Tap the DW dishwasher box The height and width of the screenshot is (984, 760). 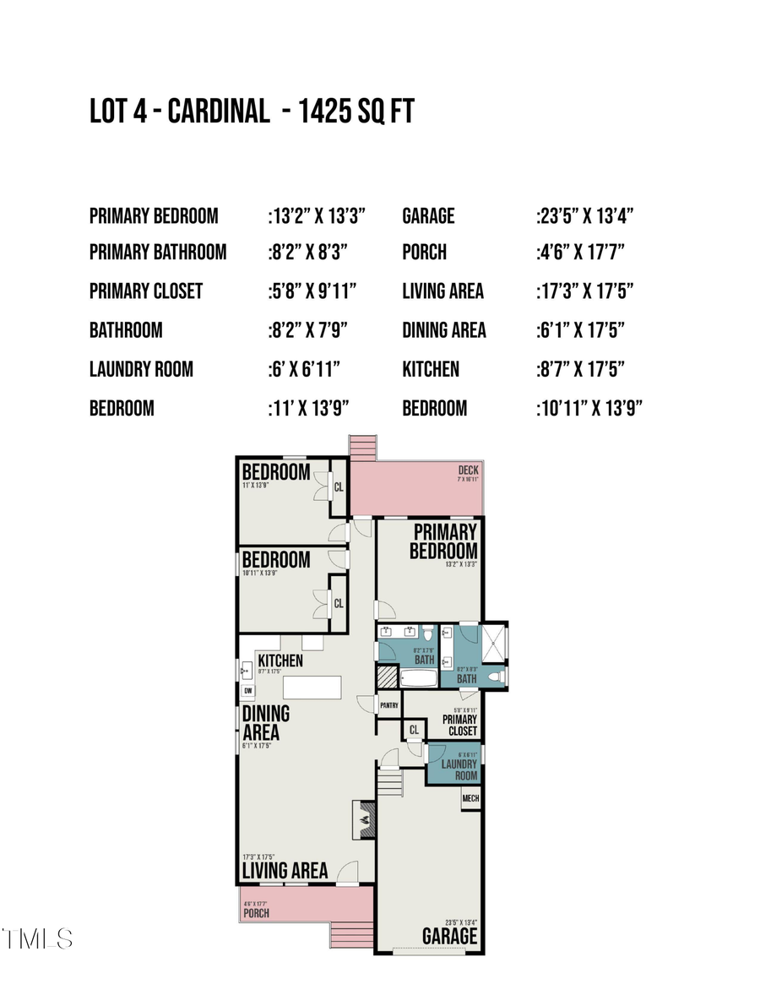[x=247, y=691]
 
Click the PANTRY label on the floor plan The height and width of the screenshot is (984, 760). [x=388, y=704]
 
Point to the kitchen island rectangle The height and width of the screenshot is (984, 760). [x=312, y=687]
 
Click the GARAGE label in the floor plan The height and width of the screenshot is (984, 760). [x=449, y=936]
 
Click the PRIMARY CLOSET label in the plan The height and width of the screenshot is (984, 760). [x=460, y=725]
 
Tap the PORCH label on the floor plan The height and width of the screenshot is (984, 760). [x=256, y=913]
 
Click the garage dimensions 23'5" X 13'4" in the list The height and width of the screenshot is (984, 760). [x=586, y=216]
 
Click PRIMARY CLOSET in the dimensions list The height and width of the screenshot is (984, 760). [x=146, y=291]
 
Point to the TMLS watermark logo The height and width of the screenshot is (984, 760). [x=37, y=938]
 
